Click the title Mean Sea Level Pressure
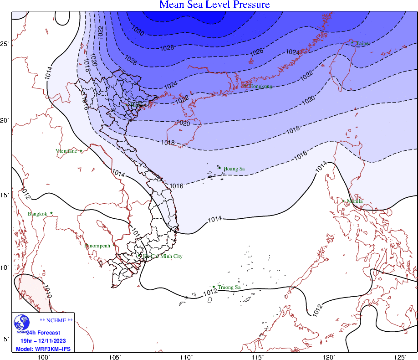click(x=214, y=5)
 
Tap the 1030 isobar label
click(x=138, y=32)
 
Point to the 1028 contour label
click(x=168, y=47)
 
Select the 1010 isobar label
click(x=47, y=291)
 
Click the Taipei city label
click(x=363, y=43)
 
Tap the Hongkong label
click(x=260, y=86)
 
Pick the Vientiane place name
click(x=66, y=151)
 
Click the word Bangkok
click(x=37, y=214)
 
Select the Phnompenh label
click(x=97, y=246)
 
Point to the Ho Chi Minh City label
click(x=163, y=257)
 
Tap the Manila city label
click(x=355, y=201)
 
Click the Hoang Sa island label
click(x=234, y=169)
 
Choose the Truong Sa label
click(x=229, y=288)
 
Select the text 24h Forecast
click(x=43, y=333)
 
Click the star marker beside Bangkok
click(x=51, y=213)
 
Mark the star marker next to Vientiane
click(x=81, y=151)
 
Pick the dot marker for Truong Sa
click(x=214, y=287)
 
